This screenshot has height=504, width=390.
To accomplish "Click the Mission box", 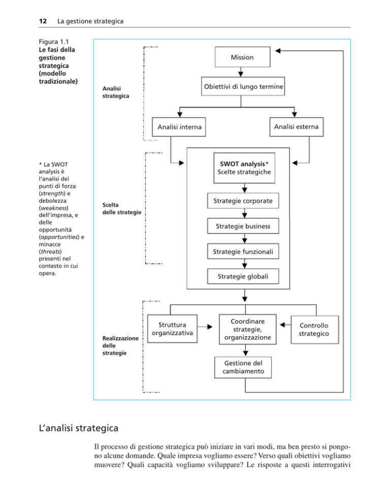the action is (x=243, y=57).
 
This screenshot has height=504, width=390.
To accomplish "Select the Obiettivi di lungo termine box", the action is (x=243, y=86).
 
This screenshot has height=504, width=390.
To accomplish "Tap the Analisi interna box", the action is (x=179, y=127).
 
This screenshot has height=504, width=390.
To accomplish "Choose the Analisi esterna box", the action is (x=296, y=127).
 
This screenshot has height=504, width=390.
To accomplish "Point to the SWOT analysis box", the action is (x=244, y=168).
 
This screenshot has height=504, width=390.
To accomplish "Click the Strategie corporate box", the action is (x=243, y=201).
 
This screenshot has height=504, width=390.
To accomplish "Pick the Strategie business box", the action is (x=243, y=226).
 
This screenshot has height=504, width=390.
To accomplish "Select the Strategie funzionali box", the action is (x=243, y=251).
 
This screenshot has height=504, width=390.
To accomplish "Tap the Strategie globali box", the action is (x=243, y=276).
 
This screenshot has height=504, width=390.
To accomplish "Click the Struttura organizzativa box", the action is (x=172, y=329).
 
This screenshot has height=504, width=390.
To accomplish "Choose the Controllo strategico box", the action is (x=315, y=330).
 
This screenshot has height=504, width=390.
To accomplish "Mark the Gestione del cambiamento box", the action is (x=243, y=367).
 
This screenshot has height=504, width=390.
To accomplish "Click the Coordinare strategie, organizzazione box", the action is (x=248, y=329).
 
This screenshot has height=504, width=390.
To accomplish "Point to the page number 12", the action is (x=43, y=21).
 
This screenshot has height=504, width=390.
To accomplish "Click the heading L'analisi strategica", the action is (x=79, y=428).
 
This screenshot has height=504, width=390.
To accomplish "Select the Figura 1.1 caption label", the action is (x=54, y=42).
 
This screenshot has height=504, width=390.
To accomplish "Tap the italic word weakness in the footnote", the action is (x=54, y=208).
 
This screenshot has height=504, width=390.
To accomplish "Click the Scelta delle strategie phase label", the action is (x=122, y=208).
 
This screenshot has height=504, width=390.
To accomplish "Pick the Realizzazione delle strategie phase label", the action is (x=120, y=345).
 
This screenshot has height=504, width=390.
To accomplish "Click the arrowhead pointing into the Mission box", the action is (x=278, y=51).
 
